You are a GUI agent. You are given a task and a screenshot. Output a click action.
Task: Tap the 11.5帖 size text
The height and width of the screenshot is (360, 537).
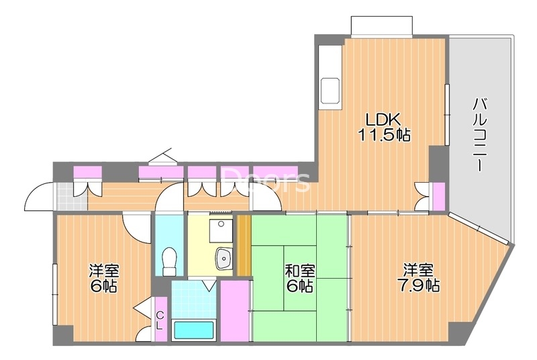[x=383, y=134]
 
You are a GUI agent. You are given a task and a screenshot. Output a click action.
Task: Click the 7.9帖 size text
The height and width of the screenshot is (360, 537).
[x=422, y=285]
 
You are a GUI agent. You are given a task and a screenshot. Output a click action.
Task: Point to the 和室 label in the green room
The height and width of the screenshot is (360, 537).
[x=300, y=271]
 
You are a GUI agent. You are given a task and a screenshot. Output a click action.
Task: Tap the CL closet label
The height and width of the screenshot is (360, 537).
[x=160, y=321]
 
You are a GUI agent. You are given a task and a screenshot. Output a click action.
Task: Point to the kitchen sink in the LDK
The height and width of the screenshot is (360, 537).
[x=330, y=90]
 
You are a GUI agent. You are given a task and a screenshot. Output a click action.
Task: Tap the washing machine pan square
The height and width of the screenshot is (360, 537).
[x=219, y=232]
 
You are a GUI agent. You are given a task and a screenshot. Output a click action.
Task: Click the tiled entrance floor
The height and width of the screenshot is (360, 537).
[x=66, y=195]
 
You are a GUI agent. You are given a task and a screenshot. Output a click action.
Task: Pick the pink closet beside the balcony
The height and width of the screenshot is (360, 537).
[x=438, y=195]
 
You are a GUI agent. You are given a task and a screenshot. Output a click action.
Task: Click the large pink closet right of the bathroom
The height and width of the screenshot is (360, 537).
[x=235, y=312]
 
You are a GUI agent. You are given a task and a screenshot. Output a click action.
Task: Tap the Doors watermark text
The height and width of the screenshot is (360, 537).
[x=266, y=179]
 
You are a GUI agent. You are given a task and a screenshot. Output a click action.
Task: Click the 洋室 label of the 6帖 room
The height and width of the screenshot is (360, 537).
[x=105, y=271]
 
